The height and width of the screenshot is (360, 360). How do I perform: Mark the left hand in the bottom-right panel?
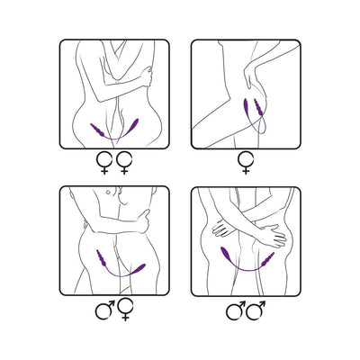[220, 230]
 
